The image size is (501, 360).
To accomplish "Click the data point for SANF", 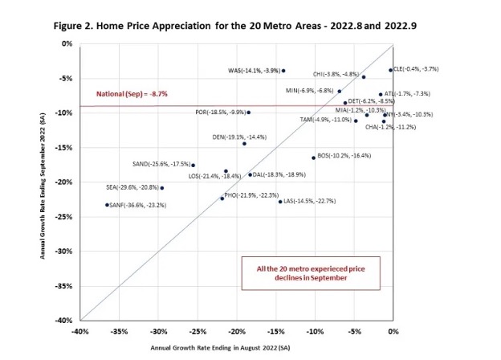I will pyautogui.click(x=107, y=205).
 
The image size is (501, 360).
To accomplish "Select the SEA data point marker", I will pyautogui.click(x=162, y=188).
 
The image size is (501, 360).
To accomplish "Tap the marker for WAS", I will pyautogui.click(x=283, y=71).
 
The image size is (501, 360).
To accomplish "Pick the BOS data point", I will pyautogui.click(x=313, y=157).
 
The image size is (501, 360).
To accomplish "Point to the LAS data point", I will pyautogui.click(x=280, y=202).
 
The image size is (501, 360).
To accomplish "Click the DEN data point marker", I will pyautogui.click(x=244, y=143).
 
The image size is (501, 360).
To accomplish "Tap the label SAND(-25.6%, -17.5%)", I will pyautogui.click(x=160, y=165).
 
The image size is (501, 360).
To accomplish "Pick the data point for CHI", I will pyautogui.click(x=364, y=77).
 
